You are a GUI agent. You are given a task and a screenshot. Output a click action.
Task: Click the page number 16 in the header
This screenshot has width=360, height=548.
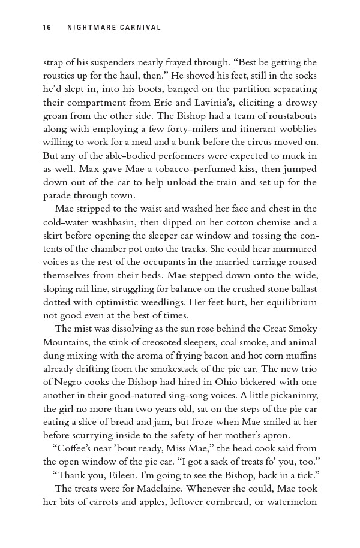coord(47,28)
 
